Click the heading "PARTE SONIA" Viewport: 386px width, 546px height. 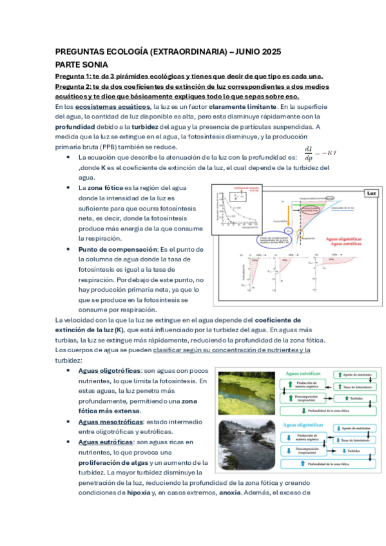pos(82,65)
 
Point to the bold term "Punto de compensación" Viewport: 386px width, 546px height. pos(110,249)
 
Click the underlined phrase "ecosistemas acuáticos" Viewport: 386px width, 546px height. pos(113,106)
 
